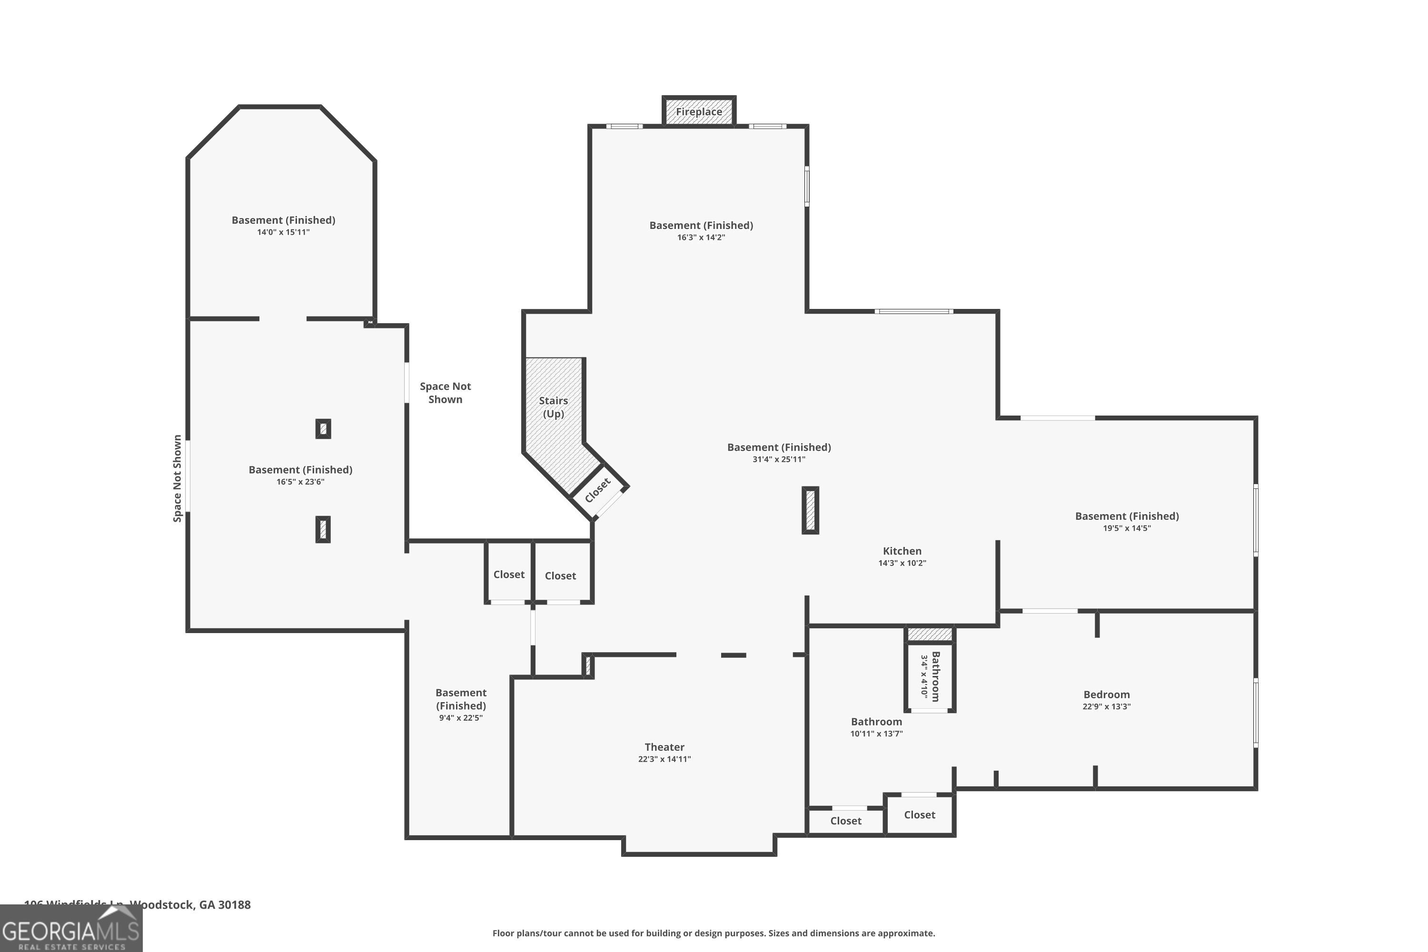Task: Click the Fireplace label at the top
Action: pyautogui.click(x=699, y=112)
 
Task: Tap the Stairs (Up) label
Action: pyautogui.click(x=553, y=407)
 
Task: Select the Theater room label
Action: pyautogui.click(x=664, y=747)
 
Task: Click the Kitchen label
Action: pyautogui.click(x=902, y=551)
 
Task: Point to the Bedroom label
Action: pyautogui.click(x=1106, y=694)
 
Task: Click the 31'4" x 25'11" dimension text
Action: pyautogui.click(x=778, y=459)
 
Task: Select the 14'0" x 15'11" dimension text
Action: pyautogui.click(x=283, y=232)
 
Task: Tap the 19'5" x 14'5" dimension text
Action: pyautogui.click(x=1126, y=527)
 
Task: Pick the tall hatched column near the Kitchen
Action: pyautogui.click(x=810, y=510)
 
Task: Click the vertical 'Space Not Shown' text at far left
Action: pyautogui.click(x=177, y=478)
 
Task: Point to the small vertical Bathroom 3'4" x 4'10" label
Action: pyautogui.click(x=930, y=676)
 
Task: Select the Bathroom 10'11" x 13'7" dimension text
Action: pyautogui.click(x=876, y=734)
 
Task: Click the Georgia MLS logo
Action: pyautogui.click(x=71, y=928)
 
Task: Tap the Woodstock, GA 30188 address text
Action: pyautogui.click(x=189, y=905)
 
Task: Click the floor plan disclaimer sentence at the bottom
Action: pyautogui.click(x=714, y=933)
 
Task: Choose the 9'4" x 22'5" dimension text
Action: pyautogui.click(x=460, y=718)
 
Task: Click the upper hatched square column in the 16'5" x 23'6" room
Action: pyautogui.click(x=323, y=429)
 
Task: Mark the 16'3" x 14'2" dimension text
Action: pyautogui.click(x=701, y=238)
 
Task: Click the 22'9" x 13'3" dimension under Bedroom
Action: pyautogui.click(x=1106, y=706)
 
